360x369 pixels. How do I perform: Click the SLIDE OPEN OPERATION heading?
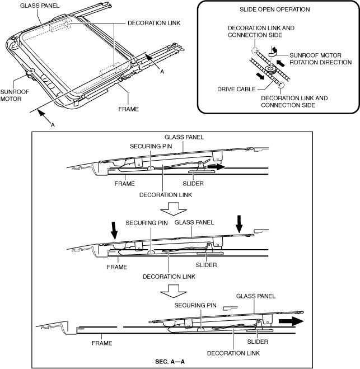coord(278,10)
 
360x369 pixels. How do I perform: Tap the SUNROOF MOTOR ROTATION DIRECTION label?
coord(320,58)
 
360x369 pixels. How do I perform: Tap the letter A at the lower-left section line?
coord(53,125)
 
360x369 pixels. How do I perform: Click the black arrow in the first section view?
coord(216,167)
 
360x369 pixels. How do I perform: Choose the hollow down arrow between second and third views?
coord(171,291)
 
